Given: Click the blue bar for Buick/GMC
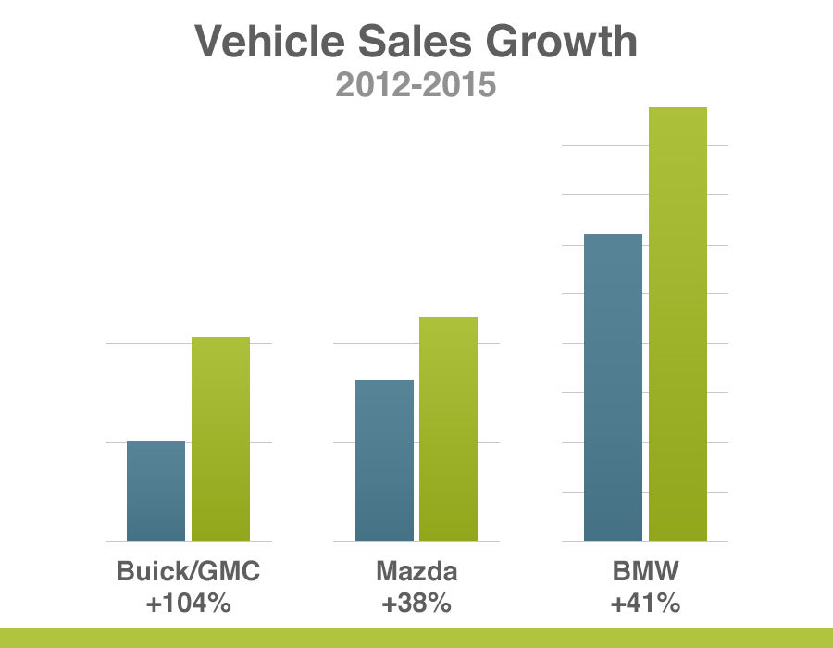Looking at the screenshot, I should tap(155, 491).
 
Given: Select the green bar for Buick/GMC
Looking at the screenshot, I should tap(220, 439).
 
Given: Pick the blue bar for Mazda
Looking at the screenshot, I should tap(384, 460).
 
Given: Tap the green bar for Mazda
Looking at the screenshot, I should tap(449, 429).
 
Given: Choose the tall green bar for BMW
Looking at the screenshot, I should tap(678, 324).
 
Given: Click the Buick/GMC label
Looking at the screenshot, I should tap(188, 571).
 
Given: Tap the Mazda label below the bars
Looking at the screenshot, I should tap(416, 571).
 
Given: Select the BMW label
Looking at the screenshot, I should tap(645, 571).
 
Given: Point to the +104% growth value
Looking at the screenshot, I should tap(188, 604).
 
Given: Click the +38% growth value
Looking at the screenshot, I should tap(416, 604).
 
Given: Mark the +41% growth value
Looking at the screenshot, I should tap(645, 604).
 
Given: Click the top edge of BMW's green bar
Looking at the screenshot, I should tap(678, 108).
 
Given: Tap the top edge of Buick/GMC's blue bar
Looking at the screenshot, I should tap(155, 442).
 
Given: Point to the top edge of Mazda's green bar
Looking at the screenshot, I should tap(449, 318).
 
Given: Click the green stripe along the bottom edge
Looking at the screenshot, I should tap(416, 638).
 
